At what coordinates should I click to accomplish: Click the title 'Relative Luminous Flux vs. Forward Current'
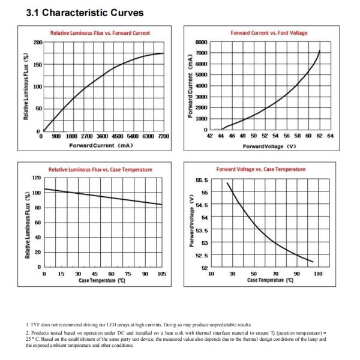pos(100,33)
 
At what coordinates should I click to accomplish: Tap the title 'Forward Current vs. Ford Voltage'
pos(269,33)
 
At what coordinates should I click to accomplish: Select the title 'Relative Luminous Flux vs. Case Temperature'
pos(100,170)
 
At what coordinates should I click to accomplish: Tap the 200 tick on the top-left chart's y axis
pos(38,43)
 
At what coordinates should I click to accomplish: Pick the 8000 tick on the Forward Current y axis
pos(201,43)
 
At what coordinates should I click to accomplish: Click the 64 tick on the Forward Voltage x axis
pos(330,137)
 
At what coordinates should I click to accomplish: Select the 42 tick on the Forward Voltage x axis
pos(210,137)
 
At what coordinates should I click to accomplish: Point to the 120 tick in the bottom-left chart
pos(36,178)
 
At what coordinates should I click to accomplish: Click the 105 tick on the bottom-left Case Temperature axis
pos(161,274)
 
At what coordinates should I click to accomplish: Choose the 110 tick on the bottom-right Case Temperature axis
pos(318,274)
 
